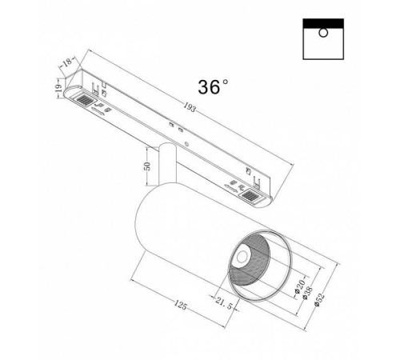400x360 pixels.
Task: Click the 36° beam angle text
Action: (210, 87)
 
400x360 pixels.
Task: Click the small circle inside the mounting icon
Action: (322, 31)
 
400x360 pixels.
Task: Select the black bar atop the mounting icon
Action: (325, 20)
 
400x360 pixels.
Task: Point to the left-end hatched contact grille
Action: (82, 100)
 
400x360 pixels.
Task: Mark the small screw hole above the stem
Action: (187, 145)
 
